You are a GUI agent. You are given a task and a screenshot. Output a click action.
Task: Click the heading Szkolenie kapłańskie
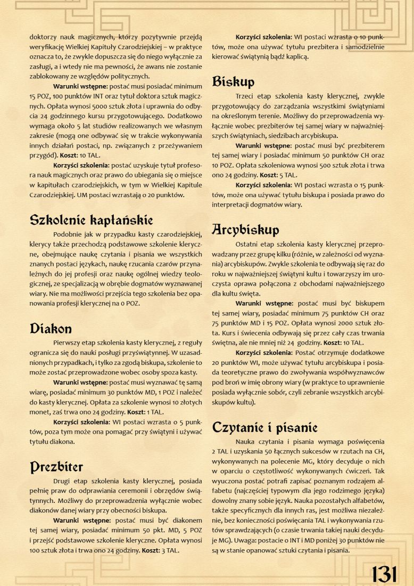[91, 219]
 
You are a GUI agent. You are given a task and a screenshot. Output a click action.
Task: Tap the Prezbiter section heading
[56, 467]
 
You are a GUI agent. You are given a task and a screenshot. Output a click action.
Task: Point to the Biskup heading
[233, 82]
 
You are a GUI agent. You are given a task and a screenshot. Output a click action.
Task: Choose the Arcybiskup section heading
[245, 230]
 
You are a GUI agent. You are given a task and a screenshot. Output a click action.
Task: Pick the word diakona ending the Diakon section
[60, 441]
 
